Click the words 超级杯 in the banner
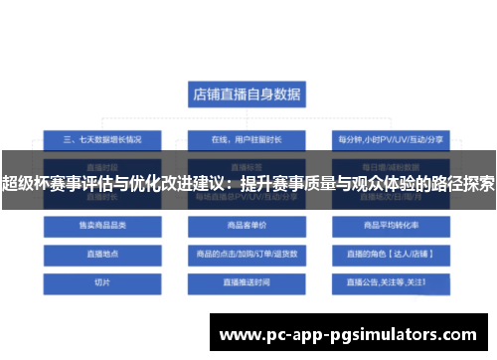[27, 183]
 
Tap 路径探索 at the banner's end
[462, 183]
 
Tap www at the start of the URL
[242, 334]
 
